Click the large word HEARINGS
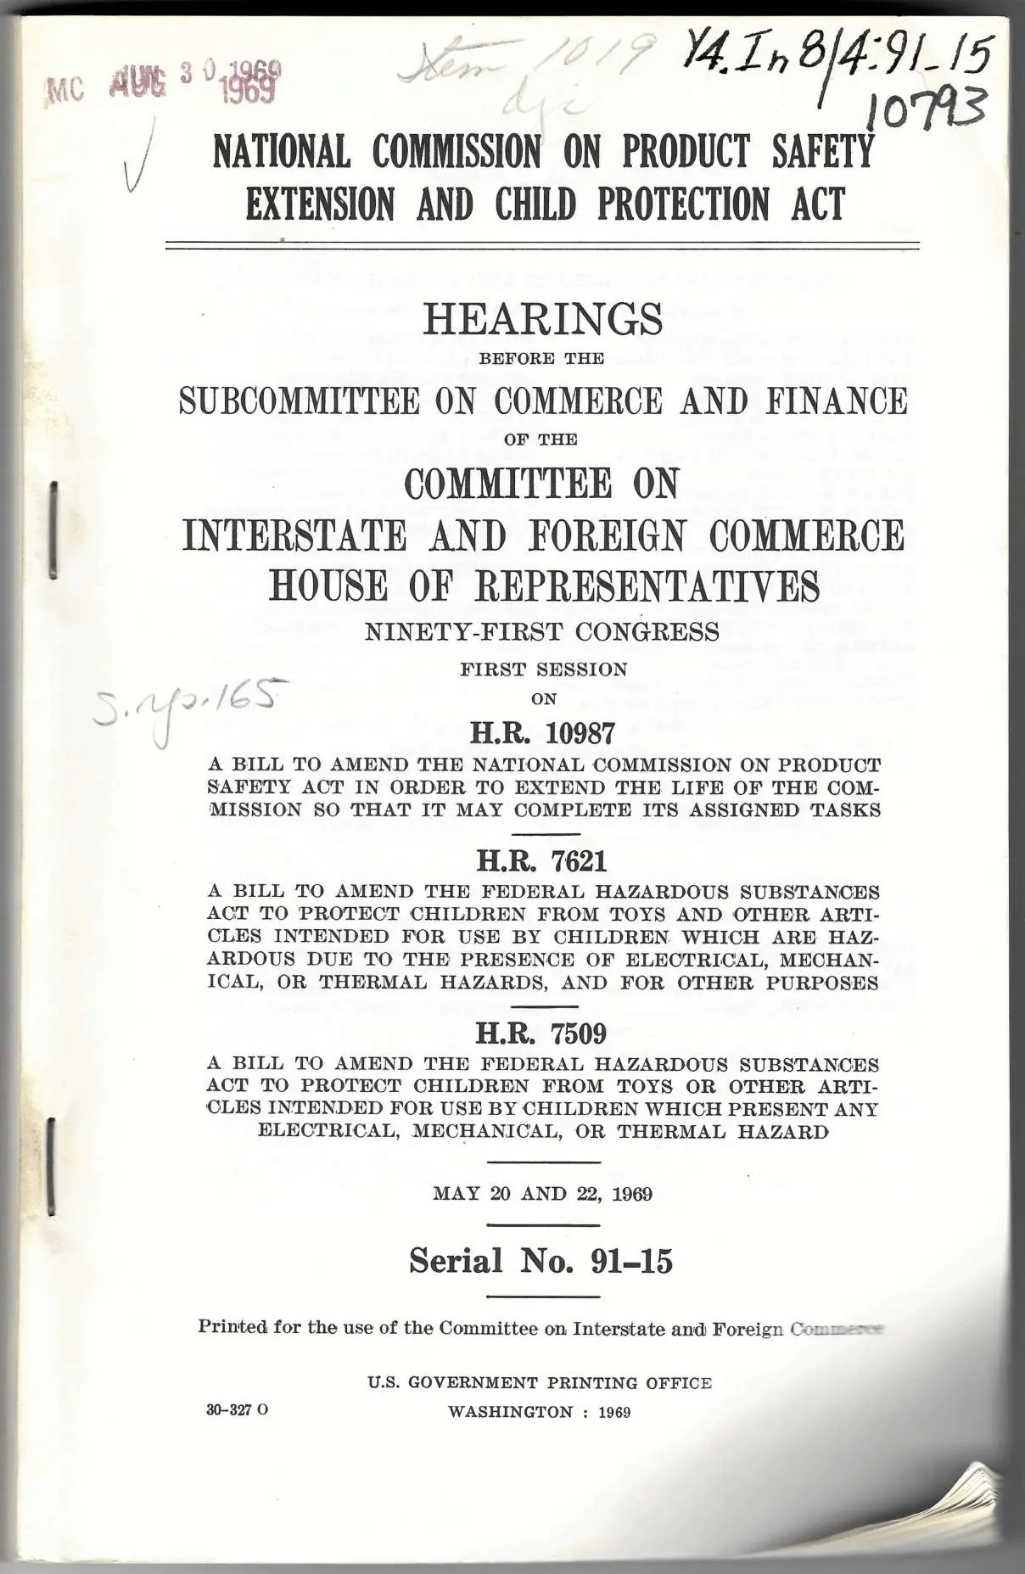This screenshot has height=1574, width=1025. coord(543,320)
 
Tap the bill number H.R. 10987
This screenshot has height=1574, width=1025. coord(542,732)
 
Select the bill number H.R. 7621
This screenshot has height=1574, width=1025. coord(542,861)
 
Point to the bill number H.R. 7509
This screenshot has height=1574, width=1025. coord(541,1033)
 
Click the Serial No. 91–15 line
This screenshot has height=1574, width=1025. coord(541,1261)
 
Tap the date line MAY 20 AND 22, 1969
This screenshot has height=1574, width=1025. coord(542,1194)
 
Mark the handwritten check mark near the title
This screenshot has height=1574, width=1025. coord(138,156)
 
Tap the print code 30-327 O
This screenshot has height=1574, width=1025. coord(237,1410)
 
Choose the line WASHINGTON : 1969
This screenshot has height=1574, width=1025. coord(540,1412)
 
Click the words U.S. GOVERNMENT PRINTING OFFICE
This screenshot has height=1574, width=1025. coord(540,1382)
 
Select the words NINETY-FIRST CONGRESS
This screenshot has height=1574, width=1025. coord(541,632)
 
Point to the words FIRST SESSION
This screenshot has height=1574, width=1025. coord(544,669)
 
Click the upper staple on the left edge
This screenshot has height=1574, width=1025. coord(53,529)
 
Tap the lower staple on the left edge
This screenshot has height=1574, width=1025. coord(53,1167)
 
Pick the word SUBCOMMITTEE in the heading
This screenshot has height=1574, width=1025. coord(300,401)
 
